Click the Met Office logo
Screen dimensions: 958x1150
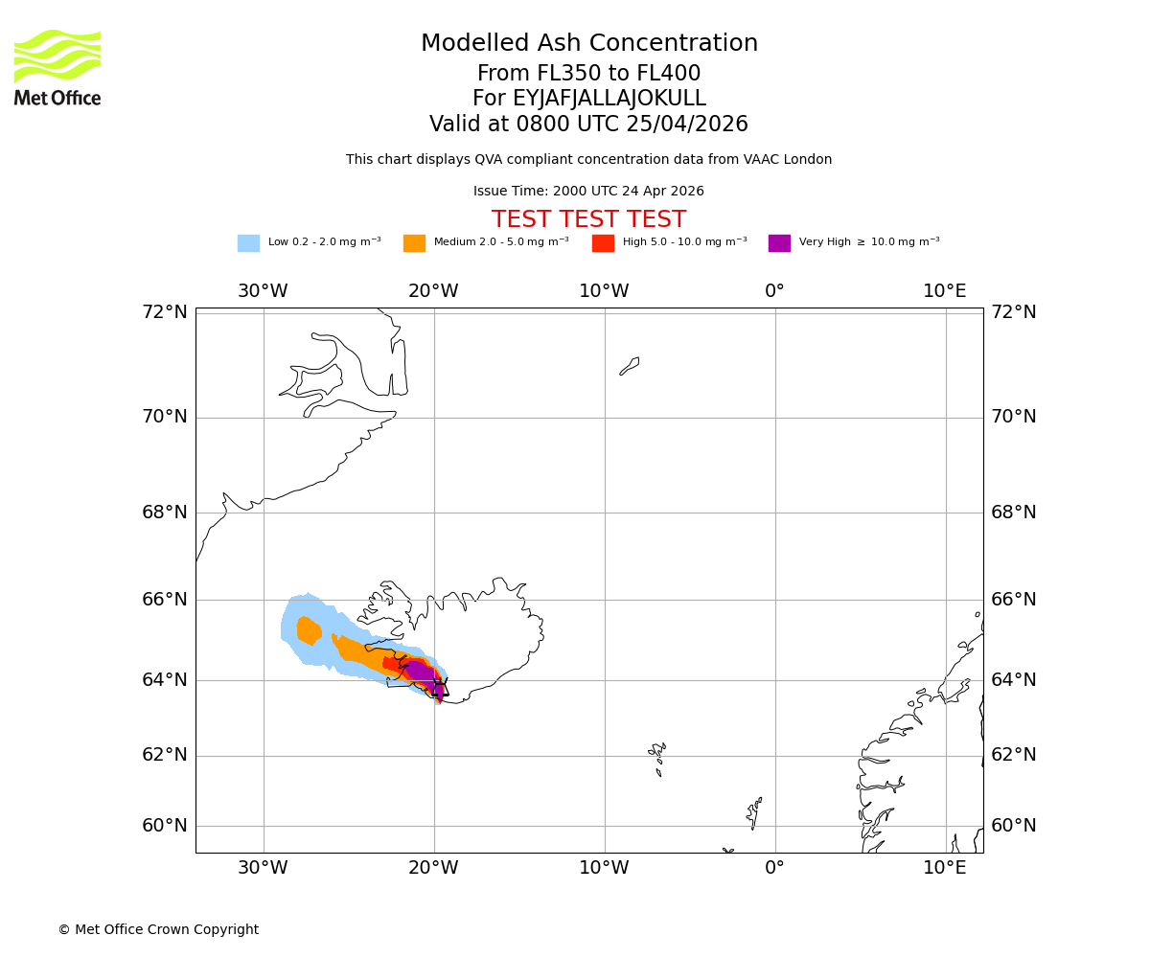(57, 67)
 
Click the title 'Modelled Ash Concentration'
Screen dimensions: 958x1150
(589, 44)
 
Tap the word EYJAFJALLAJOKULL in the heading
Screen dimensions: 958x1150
(610, 99)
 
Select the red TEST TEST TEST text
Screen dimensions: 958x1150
(588, 220)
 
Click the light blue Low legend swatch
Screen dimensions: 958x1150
(248, 243)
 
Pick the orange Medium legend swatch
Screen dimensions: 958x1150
(414, 243)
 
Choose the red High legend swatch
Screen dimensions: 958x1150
(603, 243)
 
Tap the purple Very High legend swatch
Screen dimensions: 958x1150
(779, 243)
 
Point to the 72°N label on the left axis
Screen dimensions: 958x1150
(165, 312)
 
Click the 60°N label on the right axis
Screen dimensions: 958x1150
(1014, 826)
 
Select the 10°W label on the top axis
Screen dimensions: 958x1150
(604, 291)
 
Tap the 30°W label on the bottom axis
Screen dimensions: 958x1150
(263, 868)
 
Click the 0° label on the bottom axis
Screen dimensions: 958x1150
(774, 868)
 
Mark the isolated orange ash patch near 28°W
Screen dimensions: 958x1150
(309, 630)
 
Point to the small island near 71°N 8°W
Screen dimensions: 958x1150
(630, 366)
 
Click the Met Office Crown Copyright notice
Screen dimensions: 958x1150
(158, 930)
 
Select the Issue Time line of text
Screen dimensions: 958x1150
(588, 192)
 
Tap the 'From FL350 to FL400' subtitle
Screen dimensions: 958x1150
(588, 74)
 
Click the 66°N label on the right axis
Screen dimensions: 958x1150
(1014, 600)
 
